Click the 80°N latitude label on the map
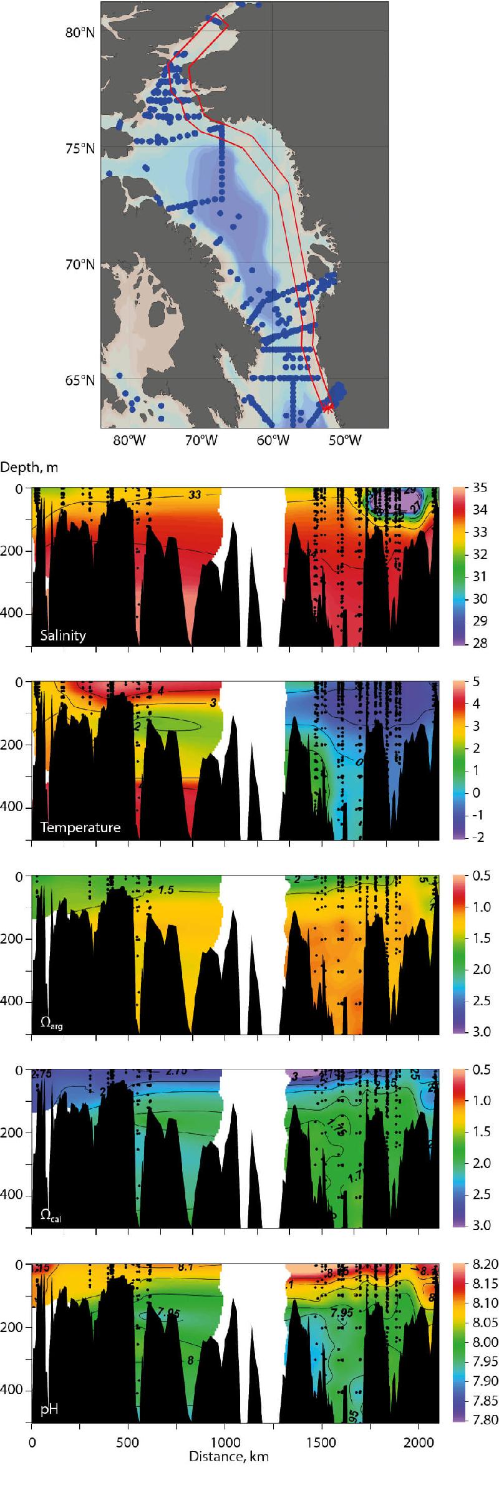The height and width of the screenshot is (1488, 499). (x=80, y=32)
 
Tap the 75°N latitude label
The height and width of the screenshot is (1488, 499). (x=80, y=148)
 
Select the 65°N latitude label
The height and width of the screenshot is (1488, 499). (x=80, y=380)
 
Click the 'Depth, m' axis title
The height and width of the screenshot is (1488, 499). (x=29, y=467)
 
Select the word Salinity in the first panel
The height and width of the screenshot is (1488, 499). (x=63, y=635)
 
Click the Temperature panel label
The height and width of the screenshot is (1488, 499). (x=80, y=827)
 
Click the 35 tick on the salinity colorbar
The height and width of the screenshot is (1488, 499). (x=480, y=488)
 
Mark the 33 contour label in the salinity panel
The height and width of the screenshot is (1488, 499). (x=195, y=495)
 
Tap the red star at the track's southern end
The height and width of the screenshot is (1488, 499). (x=329, y=406)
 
